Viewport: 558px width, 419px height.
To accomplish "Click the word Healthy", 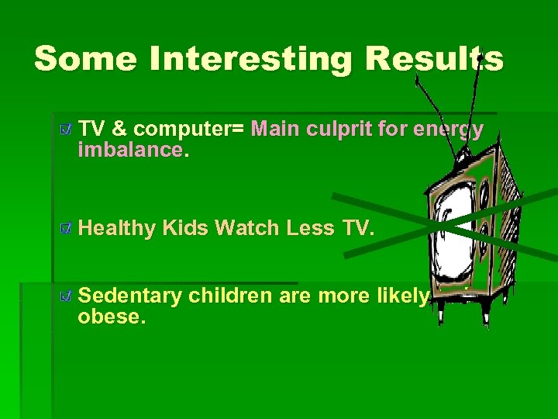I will pos(117,228).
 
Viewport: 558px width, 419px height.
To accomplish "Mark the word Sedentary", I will pos(130,296).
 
